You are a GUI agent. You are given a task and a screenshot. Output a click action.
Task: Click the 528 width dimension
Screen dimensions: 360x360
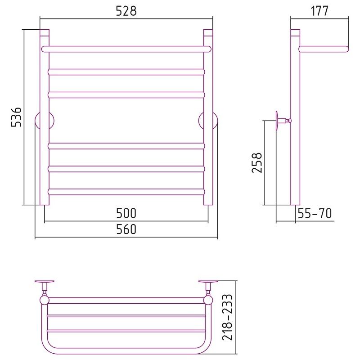pyautogui.click(x=126, y=11)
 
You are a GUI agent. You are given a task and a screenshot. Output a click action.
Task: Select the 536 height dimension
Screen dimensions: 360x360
pyautogui.click(x=17, y=117)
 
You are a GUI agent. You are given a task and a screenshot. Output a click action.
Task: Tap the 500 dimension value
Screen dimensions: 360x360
pyautogui.click(x=126, y=213)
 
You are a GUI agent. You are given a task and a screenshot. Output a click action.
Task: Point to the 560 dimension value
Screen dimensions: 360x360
pyautogui.click(x=126, y=229)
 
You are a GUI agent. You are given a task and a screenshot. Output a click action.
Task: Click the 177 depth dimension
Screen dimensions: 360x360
pyautogui.click(x=319, y=11)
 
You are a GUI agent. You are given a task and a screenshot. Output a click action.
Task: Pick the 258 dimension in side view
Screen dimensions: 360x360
pyautogui.click(x=256, y=162)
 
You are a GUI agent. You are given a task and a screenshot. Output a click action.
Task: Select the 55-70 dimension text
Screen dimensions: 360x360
pyautogui.click(x=315, y=213)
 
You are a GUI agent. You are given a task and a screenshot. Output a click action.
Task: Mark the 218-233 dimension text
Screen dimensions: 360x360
pyautogui.click(x=228, y=317)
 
